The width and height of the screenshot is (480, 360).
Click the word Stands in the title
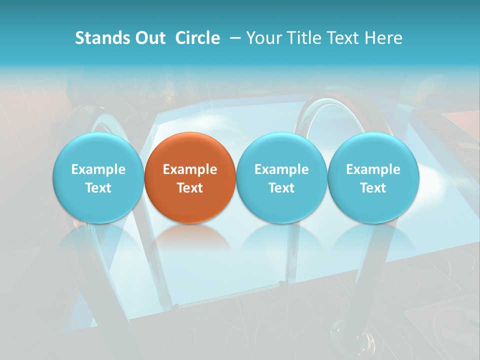click(x=102, y=38)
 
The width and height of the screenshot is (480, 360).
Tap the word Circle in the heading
click(x=197, y=38)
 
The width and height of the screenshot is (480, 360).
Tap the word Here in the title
click(x=384, y=38)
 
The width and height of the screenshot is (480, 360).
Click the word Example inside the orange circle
click(x=190, y=169)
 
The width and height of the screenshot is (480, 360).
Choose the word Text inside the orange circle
click(x=190, y=188)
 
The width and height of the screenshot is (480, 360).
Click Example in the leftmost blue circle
click(x=98, y=169)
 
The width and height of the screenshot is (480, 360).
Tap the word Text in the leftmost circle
click(x=98, y=188)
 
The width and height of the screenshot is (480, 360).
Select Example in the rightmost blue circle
click(x=373, y=169)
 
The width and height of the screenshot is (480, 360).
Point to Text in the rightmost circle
click(x=373, y=188)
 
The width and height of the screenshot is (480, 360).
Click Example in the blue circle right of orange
click(x=281, y=169)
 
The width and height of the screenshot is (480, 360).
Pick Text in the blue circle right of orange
click(x=281, y=188)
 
